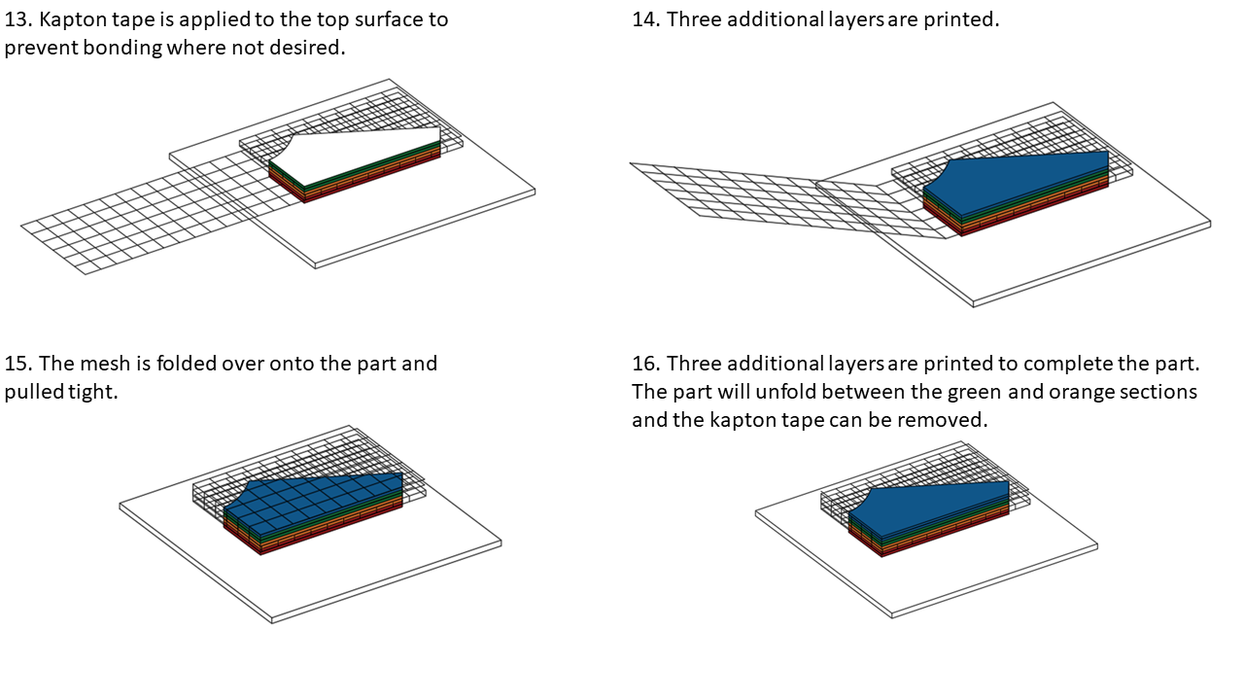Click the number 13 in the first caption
(x=17, y=19)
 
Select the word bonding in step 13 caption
(x=121, y=48)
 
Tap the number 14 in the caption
(x=644, y=19)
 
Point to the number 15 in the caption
(x=17, y=364)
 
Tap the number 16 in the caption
(x=644, y=364)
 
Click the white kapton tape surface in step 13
(x=360, y=156)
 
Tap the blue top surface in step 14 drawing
(x=1020, y=175)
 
